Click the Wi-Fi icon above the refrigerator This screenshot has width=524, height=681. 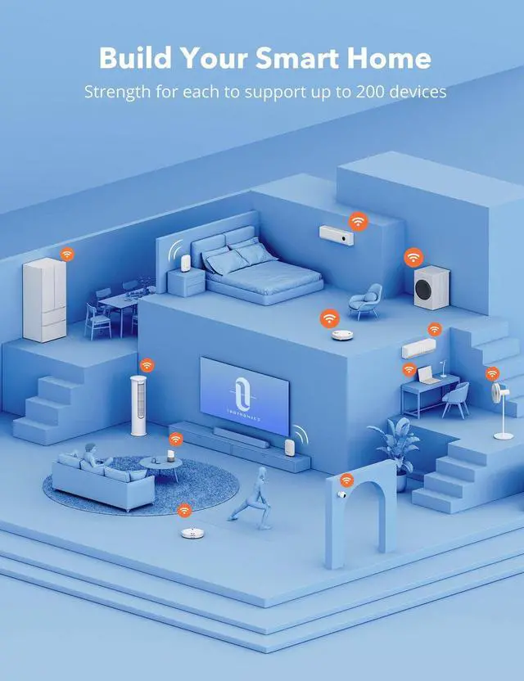pyautogui.click(x=67, y=254)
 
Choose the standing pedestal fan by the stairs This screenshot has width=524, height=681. pyautogui.click(x=502, y=409)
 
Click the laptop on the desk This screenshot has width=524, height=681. pyautogui.click(x=427, y=375)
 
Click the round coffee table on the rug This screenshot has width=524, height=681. pyautogui.click(x=160, y=467)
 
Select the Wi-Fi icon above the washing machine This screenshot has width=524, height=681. pyautogui.click(x=414, y=257)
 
